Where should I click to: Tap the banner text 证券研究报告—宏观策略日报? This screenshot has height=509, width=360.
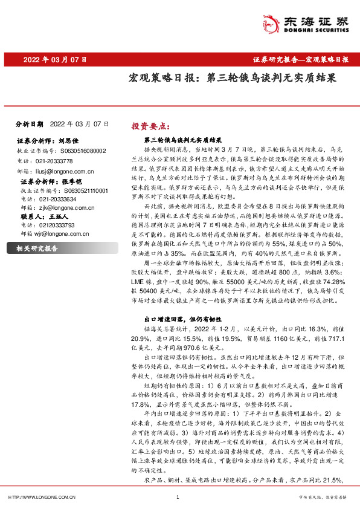[300, 60]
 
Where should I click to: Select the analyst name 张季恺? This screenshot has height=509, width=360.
[71, 181]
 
